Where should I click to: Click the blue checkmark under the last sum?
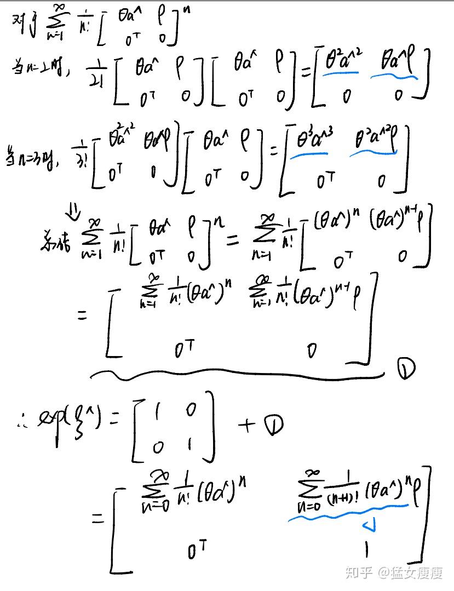tap(368, 527)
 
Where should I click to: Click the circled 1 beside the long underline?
tap(406, 369)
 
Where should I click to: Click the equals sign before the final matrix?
tap(98, 518)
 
